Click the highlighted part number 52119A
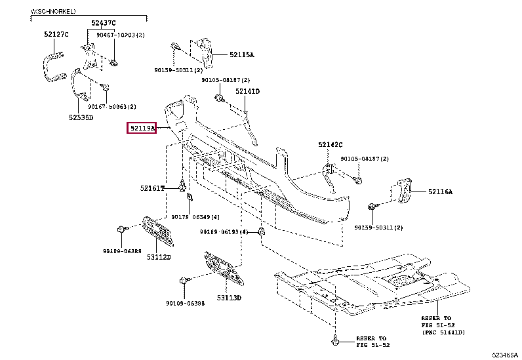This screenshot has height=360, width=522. pyautogui.click(x=142, y=129)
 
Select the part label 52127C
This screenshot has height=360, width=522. pyautogui.click(x=56, y=34)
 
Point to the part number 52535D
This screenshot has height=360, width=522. pyautogui.click(x=81, y=118)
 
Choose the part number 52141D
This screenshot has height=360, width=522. pyautogui.click(x=248, y=92)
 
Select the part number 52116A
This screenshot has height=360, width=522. pyautogui.click(x=441, y=191)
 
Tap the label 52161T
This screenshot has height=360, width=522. pyautogui.click(x=152, y=189)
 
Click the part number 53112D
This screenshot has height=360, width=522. pyautogui.click(x=158, y=257)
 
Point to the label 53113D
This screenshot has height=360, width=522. pyautogui.click(x=230, y=298)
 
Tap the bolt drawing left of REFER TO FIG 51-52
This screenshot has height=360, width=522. pyautogui.click(x=336, y=341)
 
